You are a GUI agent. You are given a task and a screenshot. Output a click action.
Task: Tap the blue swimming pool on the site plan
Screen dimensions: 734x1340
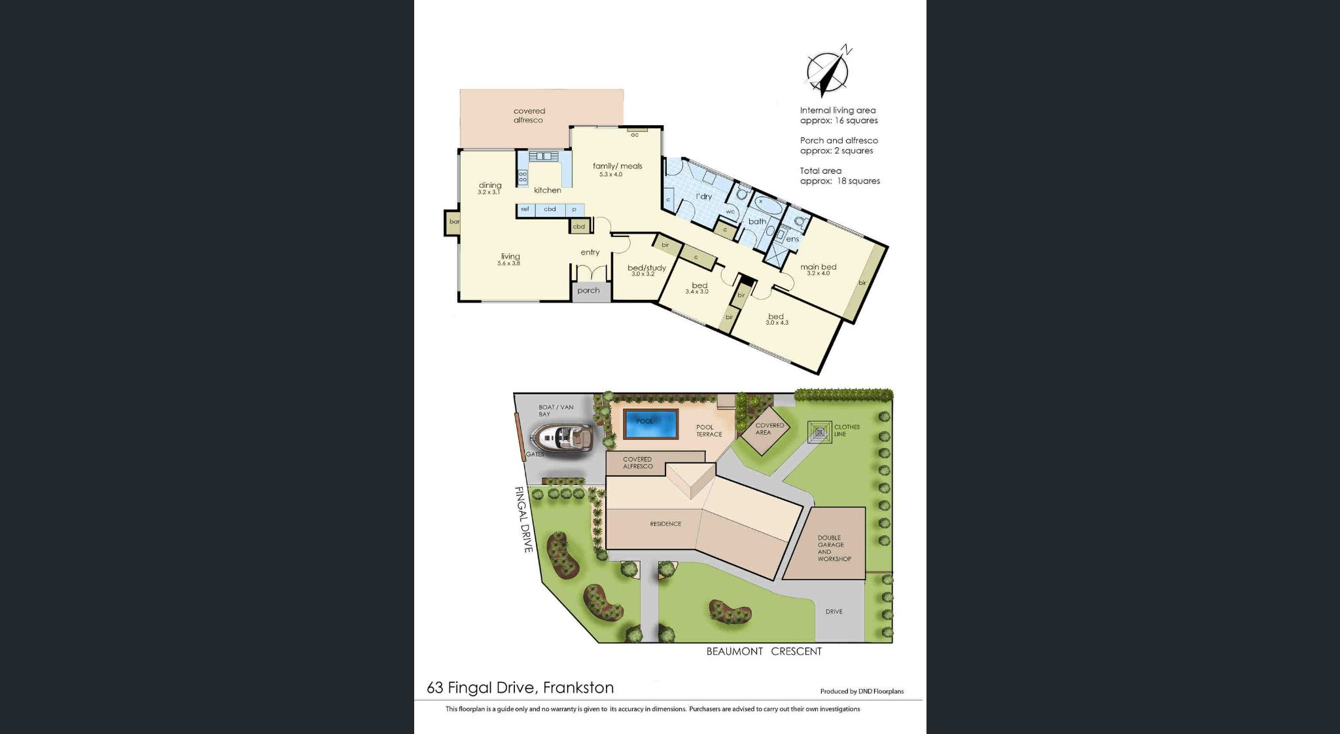click(650, 424)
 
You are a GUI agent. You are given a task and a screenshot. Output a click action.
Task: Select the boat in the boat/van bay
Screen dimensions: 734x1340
click(561, 437)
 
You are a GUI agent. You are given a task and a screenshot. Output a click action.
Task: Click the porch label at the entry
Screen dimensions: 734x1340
click(588, 291)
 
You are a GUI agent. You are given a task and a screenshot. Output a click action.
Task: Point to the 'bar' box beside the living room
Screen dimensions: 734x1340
click(453, 222)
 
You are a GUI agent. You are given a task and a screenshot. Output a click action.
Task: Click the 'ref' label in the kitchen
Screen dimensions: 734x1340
click(525, 210)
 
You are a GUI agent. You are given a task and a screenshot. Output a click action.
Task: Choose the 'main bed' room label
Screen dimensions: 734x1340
click(818, 267)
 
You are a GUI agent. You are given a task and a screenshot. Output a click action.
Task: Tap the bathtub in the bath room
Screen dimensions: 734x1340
click(766, 208)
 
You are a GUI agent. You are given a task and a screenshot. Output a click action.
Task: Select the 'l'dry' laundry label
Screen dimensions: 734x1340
click(704, 196)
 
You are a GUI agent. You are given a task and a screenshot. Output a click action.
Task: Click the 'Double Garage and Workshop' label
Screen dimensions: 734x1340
click(834, 548)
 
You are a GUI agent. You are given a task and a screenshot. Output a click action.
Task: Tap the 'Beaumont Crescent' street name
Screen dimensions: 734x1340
click(764, 651)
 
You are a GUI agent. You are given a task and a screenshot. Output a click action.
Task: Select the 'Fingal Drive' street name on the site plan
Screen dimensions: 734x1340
click(523, 519)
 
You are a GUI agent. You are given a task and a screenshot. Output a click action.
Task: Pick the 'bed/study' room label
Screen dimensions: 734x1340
click(646, 268)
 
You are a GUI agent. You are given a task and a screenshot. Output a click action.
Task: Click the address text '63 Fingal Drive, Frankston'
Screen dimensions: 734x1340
click(520, 688)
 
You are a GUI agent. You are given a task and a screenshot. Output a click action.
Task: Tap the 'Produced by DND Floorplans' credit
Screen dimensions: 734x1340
click(862, 691)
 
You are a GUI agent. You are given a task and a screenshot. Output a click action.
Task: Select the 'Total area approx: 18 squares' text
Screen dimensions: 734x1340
click(839, 176)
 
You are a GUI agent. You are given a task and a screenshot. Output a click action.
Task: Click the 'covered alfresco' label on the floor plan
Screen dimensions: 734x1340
click(529, 116)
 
